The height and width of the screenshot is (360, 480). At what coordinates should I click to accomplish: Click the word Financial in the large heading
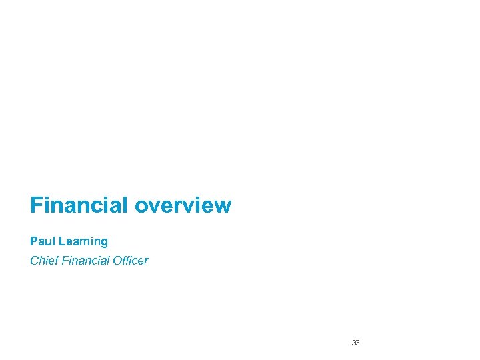coord(79,205)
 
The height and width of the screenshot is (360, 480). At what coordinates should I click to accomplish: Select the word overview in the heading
coord(183,205)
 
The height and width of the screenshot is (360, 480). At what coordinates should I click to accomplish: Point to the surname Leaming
coord(82,241)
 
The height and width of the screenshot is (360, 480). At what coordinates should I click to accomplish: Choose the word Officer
coord(130,260)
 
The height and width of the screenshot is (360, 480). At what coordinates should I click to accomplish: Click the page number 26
coord(355,343)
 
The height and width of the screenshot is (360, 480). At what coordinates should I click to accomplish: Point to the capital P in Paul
coord(33,241)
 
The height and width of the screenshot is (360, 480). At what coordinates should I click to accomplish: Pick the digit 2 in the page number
coord(353,343)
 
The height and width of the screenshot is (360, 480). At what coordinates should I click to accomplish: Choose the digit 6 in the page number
coord(357,343)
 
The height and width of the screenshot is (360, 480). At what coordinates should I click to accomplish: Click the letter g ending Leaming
coord(104,242)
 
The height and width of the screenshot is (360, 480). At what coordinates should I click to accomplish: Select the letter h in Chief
coord(42,260)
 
